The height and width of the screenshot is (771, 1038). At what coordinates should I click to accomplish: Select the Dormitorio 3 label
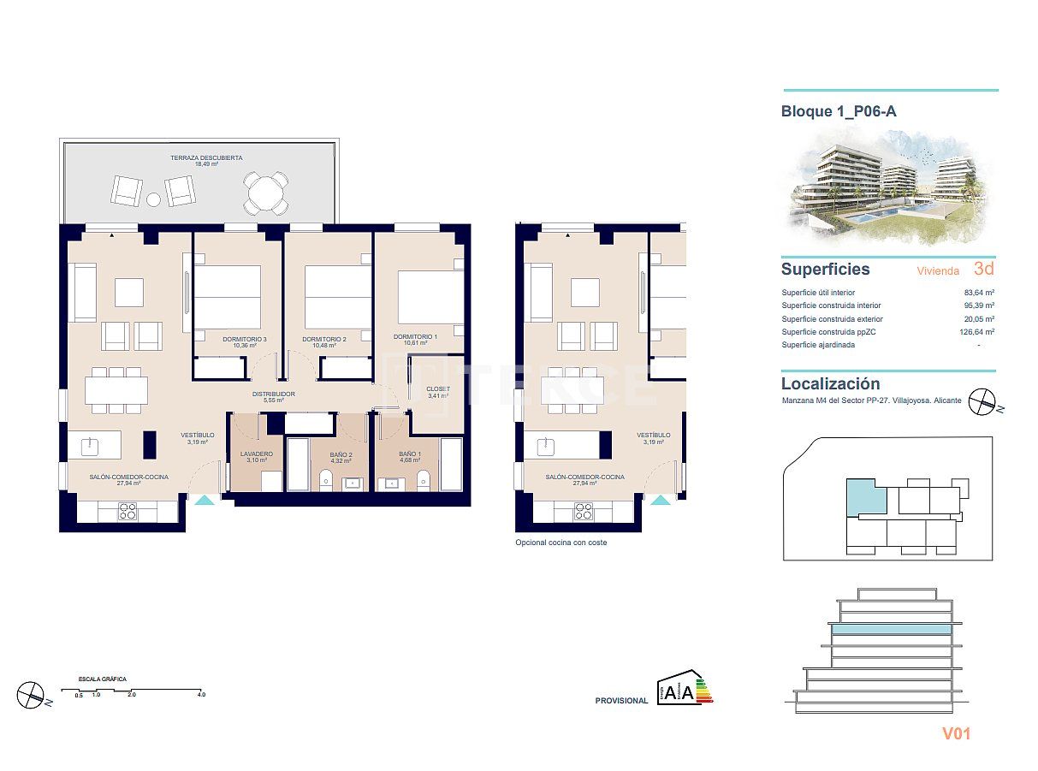point(245,338)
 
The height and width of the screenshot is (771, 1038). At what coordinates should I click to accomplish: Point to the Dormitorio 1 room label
point(415,336)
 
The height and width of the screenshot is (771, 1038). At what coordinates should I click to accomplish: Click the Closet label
point(437,389)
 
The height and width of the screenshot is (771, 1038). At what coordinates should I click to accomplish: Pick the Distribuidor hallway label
point(273,394)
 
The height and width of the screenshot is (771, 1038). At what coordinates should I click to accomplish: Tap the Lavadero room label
point(257,454)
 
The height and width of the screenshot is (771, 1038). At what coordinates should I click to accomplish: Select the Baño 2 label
point(341,455)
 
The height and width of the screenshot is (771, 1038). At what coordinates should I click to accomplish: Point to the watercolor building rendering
point(888,188)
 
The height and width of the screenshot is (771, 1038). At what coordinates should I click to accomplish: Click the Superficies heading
point(825,270)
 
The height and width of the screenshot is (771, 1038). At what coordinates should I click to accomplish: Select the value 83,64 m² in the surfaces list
point(978,293)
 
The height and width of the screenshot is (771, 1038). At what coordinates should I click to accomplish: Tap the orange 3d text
point(983,269)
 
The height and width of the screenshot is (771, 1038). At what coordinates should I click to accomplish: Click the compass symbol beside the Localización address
point(982,401)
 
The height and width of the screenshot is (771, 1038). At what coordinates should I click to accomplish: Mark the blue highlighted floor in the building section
point(891,629)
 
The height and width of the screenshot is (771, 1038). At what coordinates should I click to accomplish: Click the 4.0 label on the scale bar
point(200,695)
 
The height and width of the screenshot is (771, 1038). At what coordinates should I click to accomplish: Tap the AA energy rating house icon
point(675,690)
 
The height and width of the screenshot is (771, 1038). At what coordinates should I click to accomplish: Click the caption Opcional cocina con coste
point(561,543)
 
